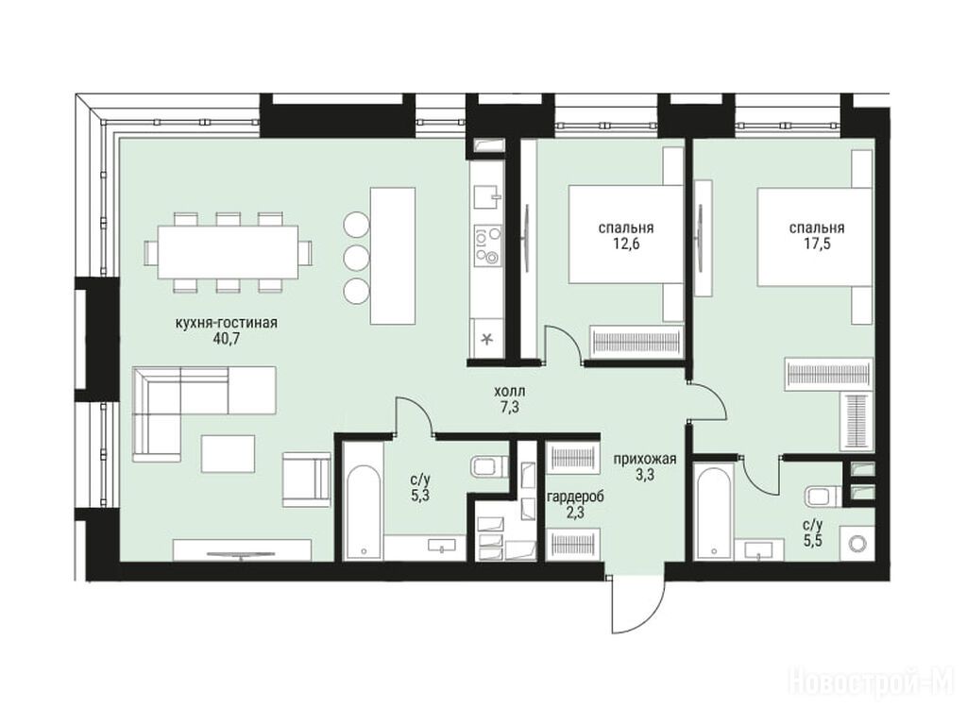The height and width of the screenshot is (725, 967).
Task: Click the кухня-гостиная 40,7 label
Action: coord(227,330)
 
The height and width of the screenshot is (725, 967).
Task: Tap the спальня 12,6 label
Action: coord(626,235)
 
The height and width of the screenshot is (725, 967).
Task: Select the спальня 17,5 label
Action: coord(817,235)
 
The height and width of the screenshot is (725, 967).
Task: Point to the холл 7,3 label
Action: coord(509,399)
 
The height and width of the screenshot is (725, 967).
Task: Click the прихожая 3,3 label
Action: coord(644,466)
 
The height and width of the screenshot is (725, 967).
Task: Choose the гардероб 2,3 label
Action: coord(574,504)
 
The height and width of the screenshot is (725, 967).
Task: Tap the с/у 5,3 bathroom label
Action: coord(419,488)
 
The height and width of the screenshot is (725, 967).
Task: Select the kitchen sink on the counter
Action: coord(486,197)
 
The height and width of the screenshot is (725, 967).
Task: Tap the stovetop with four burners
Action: coord(486,244)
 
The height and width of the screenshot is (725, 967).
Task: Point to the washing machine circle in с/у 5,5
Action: coord(857,543)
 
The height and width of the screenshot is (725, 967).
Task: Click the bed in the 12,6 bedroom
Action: coord(626,235)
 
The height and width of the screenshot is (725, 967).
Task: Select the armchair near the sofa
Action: coord(307,479)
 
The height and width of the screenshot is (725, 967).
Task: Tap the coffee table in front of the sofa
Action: coord(228,454)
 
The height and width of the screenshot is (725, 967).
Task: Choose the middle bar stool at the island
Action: coord(355,257)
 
